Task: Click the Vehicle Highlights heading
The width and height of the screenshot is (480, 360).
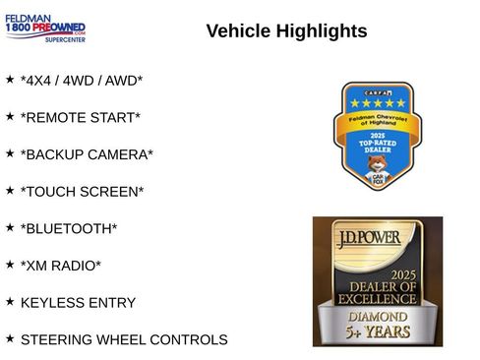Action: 286,31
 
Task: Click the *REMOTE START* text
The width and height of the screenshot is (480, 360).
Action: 80,118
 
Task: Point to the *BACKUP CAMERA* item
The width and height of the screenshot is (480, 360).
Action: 87,155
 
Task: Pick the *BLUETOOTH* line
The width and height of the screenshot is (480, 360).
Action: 68,229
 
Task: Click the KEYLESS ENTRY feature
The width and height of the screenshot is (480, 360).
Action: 78,303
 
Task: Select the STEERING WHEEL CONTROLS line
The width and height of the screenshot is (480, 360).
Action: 124,340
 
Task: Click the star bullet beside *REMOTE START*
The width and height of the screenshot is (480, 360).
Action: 10,116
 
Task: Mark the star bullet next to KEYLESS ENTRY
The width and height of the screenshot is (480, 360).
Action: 10,301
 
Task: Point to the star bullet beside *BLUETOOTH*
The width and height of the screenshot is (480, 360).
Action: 10,227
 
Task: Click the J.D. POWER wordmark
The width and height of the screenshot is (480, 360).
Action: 378,238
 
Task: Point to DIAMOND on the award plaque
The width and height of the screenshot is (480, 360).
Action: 378,317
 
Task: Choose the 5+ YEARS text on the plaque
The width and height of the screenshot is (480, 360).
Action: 378,334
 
